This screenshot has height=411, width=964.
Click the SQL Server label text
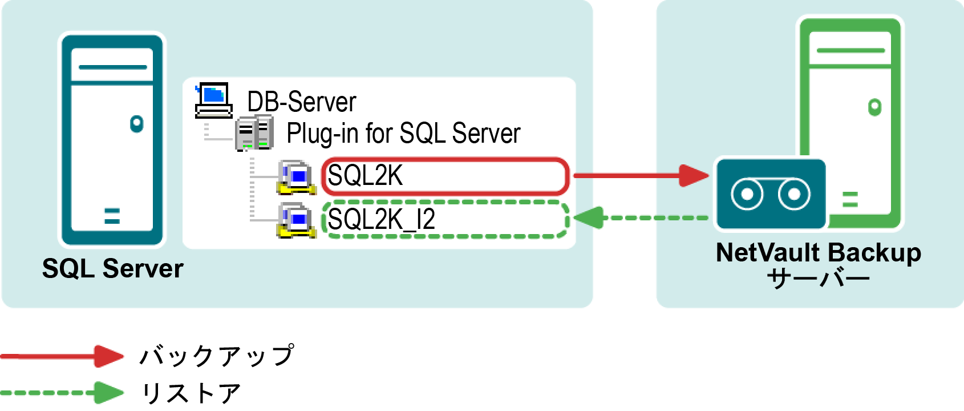point(113,269)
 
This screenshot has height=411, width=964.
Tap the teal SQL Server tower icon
point(112,140)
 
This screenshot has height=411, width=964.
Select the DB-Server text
point(301,102)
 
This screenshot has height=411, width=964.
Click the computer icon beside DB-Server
point(213,100)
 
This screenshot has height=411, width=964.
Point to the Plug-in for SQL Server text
point(403,134)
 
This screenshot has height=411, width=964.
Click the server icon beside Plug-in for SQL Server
point(254,133)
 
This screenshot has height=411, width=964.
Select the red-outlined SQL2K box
point(445,176)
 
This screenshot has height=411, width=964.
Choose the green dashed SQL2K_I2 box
point(445,219)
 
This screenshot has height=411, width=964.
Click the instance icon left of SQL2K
point(296,178)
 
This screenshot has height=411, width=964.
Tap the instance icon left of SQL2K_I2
point(296,220)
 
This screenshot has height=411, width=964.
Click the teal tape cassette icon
point(770,194)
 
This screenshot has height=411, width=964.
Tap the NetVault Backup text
point(818,253)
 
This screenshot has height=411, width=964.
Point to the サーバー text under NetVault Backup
point(818,280)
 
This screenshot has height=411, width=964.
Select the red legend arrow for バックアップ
point(62,356)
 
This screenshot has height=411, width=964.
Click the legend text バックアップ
point(217,356)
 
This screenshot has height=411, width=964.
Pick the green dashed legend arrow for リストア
point(62,393)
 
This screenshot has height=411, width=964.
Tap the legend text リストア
point(191,393)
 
